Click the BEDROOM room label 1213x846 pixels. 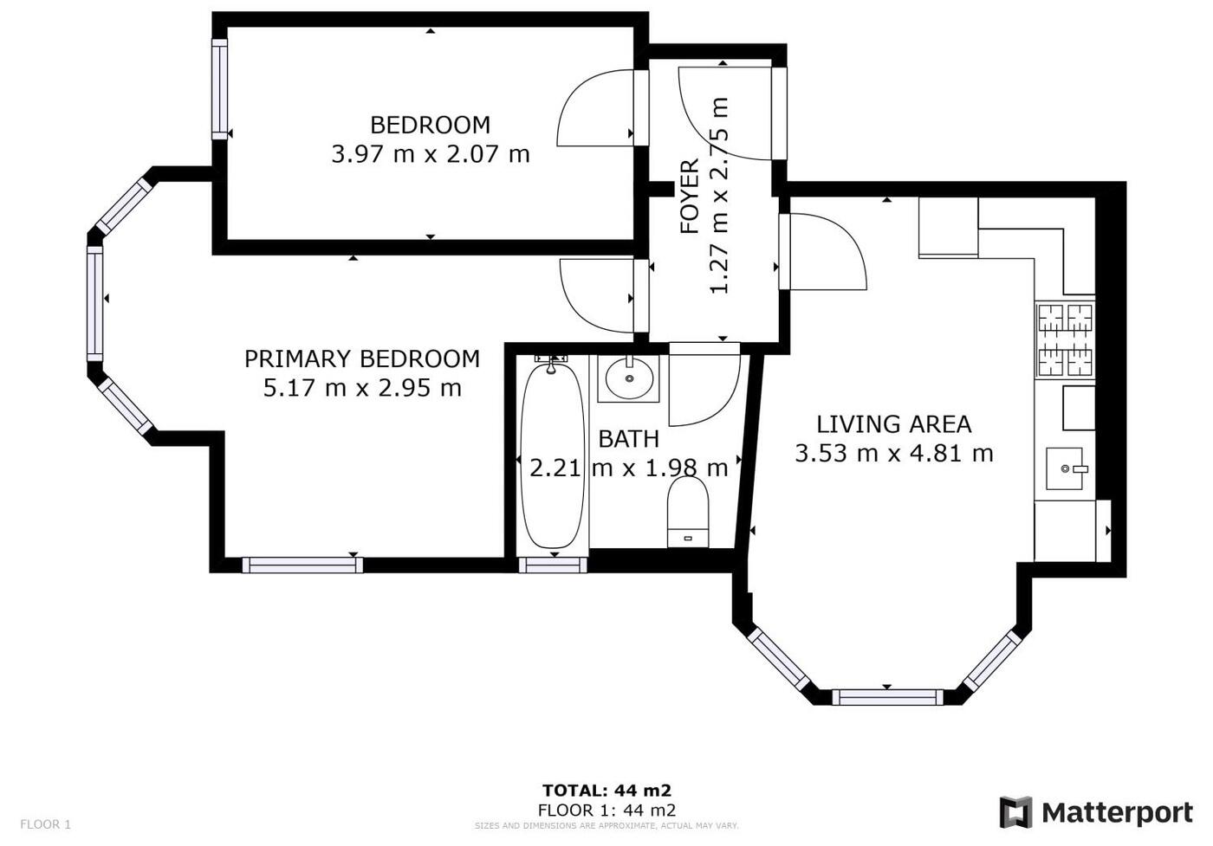[430, 125]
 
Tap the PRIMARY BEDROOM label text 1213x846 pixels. [362, 358]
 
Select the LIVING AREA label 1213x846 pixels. [893, 424]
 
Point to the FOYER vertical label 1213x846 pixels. [690, 196]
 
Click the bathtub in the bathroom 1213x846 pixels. [553, 455]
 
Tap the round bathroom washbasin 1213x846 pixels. [629, 378]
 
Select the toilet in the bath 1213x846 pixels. [688, 512]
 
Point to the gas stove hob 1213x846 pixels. [1065, 340]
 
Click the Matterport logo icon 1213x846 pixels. [1015, 812]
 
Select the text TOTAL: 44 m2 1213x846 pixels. [607, 791]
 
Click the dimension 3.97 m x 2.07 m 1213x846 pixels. [431, 155]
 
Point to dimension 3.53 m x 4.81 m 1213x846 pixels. [894, 454]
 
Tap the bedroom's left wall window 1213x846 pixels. [219, 89]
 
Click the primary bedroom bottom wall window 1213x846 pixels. [302, 565]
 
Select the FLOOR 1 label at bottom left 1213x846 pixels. [45, 824]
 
